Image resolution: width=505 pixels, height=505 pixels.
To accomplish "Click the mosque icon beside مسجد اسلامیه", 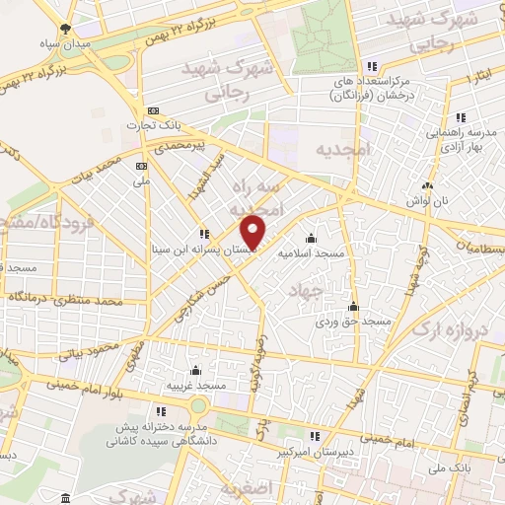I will click(x=312, y=238).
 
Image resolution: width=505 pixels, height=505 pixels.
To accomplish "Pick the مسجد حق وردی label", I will click(x=353, y=322).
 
